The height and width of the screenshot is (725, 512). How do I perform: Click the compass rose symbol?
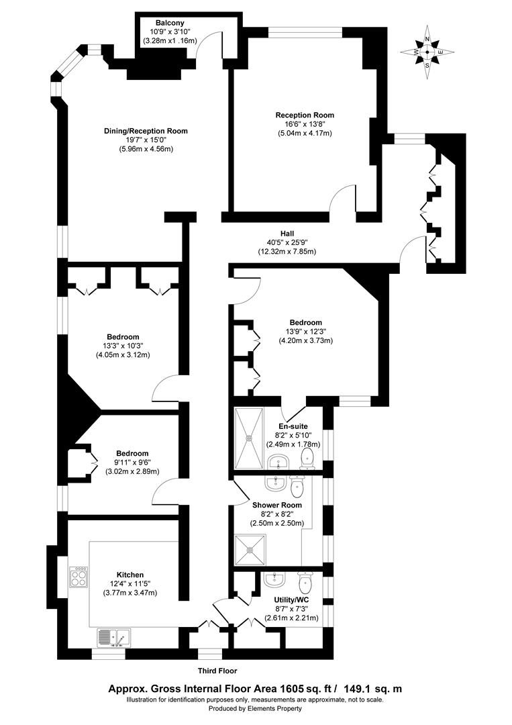427,52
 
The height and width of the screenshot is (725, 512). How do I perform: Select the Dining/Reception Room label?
146,131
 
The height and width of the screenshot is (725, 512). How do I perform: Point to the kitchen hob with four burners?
79,577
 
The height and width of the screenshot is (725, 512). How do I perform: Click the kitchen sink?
113,636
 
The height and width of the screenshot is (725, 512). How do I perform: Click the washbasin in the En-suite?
277,461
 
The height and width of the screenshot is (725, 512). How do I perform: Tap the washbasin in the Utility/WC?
274,579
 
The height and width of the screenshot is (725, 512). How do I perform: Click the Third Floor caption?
217,671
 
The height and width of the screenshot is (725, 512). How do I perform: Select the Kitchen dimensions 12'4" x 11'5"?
130,584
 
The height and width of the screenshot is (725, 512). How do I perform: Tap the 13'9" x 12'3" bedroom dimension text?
306,332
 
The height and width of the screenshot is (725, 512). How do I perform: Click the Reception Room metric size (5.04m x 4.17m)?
305,133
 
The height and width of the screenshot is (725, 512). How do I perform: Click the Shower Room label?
277,505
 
